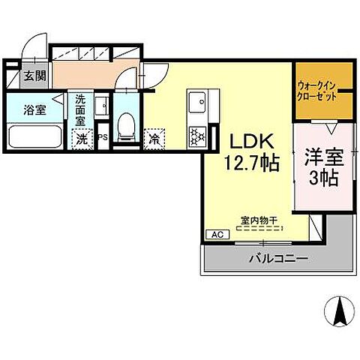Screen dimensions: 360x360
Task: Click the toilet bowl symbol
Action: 127,128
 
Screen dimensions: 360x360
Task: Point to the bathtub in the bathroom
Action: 36,137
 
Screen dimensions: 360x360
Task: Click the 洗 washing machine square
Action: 80,138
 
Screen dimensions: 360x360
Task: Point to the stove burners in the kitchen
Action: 198,136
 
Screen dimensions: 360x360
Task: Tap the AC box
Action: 217,234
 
